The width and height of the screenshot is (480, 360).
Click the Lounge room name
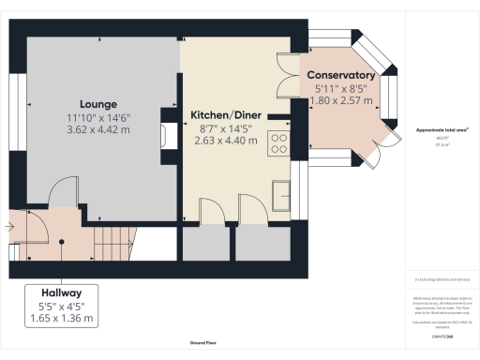tap(97, 104)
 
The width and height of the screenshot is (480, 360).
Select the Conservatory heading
tap(341, 75)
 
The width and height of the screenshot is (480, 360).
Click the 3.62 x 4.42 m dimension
tap(97, 130)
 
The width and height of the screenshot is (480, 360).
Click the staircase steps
tap(114, 242)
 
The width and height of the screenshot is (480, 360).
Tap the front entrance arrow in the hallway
tap(9, 226)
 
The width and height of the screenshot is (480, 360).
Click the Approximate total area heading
tap(442, 129)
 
